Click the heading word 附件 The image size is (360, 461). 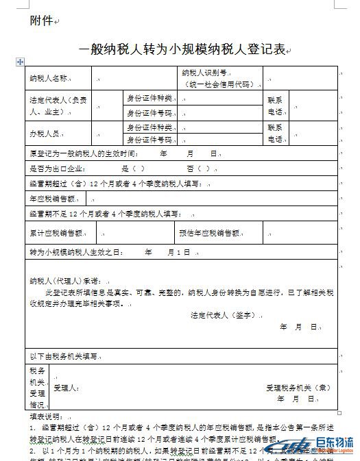click(41, 21)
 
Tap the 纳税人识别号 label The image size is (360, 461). click(204, 72)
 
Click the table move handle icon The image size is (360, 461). click(20, 62)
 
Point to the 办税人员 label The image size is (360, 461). click(45, 133)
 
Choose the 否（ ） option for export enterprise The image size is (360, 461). click(197, 169)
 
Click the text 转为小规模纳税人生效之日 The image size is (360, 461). click(75, 253)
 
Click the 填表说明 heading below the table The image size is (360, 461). click(45, 416)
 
